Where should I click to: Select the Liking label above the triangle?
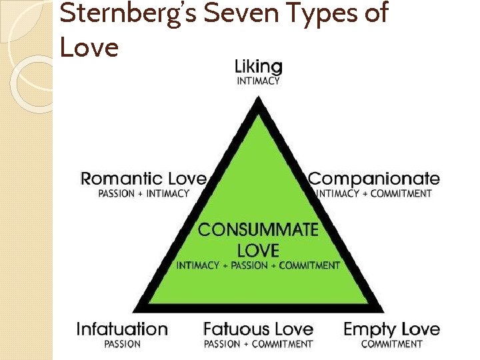click(x=259, y=67)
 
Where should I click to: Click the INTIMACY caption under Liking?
click(x=259, y=81)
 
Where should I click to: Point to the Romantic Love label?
click(x=143, y=179)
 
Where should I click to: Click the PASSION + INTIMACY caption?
click(x=143, y=194)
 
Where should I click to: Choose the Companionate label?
click(x=374, y=179)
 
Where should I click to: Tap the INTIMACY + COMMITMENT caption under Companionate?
click(x=374, y=194)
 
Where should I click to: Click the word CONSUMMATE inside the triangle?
click(x=258, y=230)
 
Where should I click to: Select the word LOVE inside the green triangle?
click(x=258, y=251)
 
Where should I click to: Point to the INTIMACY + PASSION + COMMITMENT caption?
click(x=258, y=265)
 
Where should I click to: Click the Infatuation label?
click(x=122, y=329)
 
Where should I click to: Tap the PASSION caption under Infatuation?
click(x=122, y=344)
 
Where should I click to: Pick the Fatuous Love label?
click(x=258, y=329)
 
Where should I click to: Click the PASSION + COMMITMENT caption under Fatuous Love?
click(x=258, y=344)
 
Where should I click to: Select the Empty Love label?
click(x=391, y=329)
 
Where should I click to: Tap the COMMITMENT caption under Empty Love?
click(x=391, y=344)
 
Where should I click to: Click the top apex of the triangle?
click(x=258, y=100)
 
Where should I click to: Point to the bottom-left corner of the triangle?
click(x=136, y=311)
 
